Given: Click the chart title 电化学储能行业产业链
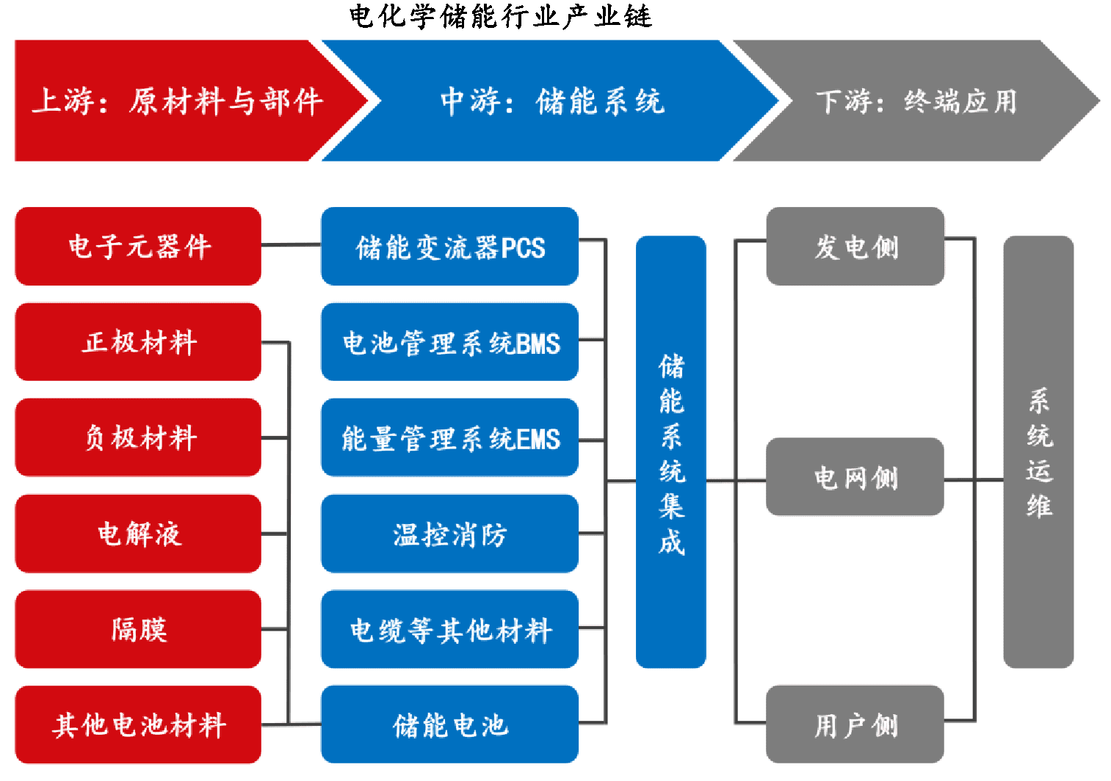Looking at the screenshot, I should click(x=500, y=16).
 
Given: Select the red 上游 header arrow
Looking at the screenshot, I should click(x=176, y=101).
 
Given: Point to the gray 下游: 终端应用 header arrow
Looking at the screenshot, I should click(x=916, y=101).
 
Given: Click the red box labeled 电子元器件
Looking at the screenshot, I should click(x=138, y=246).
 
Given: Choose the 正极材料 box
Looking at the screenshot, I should click(x=138, y=342).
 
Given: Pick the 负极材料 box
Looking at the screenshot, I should click(x=138, y=437).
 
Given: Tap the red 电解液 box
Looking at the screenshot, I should click(x=138, y=534).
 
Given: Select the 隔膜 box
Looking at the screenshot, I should click(x=138, y=629).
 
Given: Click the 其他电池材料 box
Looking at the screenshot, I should click(x=138, y=724).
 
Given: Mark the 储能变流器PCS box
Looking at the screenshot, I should click(x=449, y=247).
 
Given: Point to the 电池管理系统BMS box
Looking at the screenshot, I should click(x=449, y=342).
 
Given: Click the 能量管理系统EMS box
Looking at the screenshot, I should click(x=449, y=437).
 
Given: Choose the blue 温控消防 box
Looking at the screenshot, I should click(x=449, y=534).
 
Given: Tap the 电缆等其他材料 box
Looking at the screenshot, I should click(x=449, y=629).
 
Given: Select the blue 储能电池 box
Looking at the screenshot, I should click(x=449, y=724).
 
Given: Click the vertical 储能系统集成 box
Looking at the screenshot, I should click(x=670, y=451).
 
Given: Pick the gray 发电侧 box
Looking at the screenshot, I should click(x=855, y=246).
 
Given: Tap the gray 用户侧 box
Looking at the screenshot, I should click(x=855, y=724).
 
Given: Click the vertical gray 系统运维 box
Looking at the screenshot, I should click(x=1038, y=451).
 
